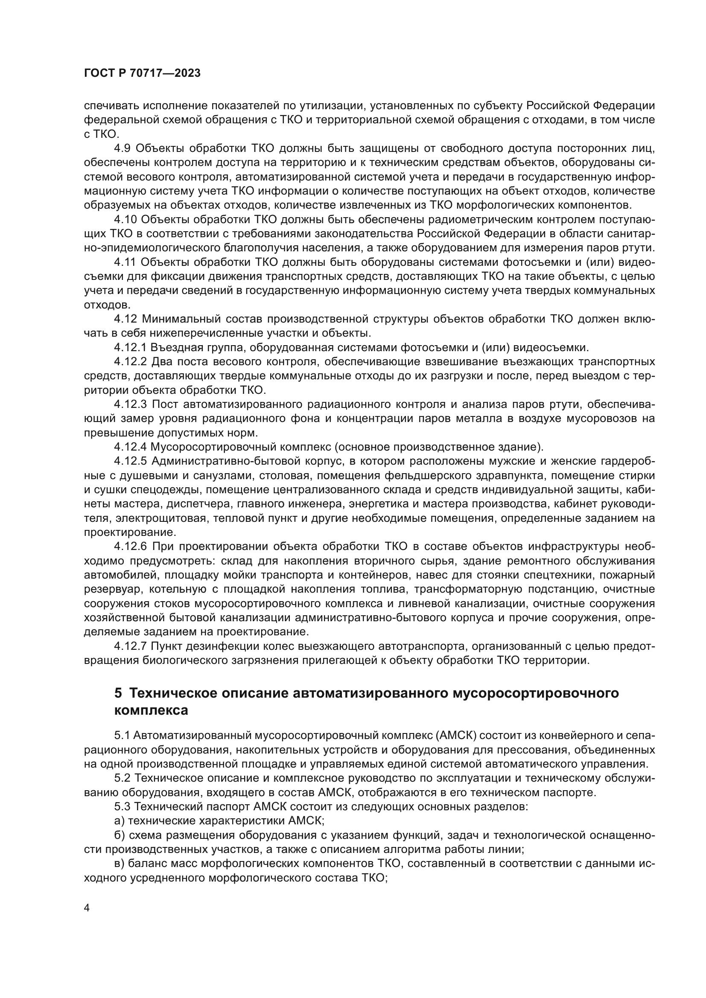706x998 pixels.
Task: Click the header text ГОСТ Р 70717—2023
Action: (142, 73)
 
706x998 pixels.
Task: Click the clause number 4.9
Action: (122, 148)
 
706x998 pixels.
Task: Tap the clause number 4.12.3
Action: (130, 404)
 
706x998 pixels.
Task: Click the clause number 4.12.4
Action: (130, 447)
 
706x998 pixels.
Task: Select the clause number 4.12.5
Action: (130, 461)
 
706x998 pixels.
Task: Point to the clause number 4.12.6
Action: (130, 547)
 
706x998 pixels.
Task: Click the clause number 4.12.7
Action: (130, 646)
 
